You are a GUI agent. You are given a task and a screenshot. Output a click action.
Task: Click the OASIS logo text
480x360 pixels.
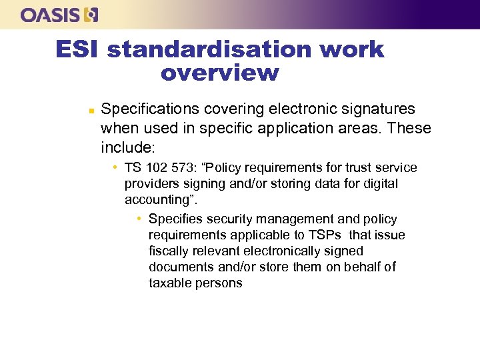(51, 15)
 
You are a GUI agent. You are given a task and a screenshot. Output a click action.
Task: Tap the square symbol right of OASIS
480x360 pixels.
(91, 15)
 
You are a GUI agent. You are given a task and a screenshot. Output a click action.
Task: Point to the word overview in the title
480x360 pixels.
(219, 73)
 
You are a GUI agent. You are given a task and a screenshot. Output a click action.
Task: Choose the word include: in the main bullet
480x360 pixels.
(128, 147)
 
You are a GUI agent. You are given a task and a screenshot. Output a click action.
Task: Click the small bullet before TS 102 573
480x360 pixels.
(115, 167)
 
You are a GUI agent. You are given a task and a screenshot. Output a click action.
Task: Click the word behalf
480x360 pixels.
(362, 267)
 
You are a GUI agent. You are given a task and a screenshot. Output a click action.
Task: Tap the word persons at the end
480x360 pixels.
(219, 283)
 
